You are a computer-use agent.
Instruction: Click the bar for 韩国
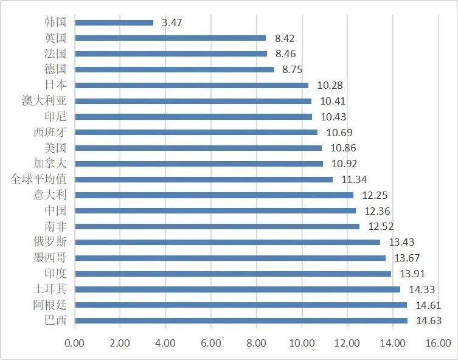pyautogui.click(x=114, y=22)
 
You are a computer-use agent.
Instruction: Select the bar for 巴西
pyautogui.click(x=241, y=320)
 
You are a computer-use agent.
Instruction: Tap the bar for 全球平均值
pyautogui.click(x=204, y=179)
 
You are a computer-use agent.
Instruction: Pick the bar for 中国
pyautogui.click(x=215, y=210)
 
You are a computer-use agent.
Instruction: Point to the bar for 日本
pyautogui.click(x=192, y=85)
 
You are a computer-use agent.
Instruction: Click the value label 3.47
pyautogui.click(x=172, y=22)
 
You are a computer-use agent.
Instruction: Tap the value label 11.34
pyautogui.click(x=351, y=179)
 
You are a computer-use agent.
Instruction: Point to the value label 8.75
pyautogui.click(x=292, y=69)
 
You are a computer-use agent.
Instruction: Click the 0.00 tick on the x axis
pyautogui.click(x=75, y=343)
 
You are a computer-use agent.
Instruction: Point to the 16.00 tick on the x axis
pyautogui.click(x=438, y=343)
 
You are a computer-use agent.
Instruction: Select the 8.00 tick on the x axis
pyautogui.click(x=256, y=343)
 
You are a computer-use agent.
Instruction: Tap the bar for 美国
pyautogui.click(x=198, y=148)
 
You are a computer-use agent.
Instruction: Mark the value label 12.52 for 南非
pyautogui.click(x=378, y=226)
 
